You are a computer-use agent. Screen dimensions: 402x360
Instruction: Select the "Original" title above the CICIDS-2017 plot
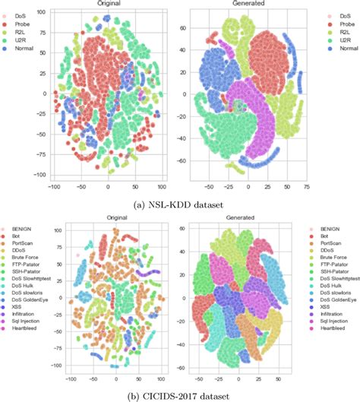point(115,219)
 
